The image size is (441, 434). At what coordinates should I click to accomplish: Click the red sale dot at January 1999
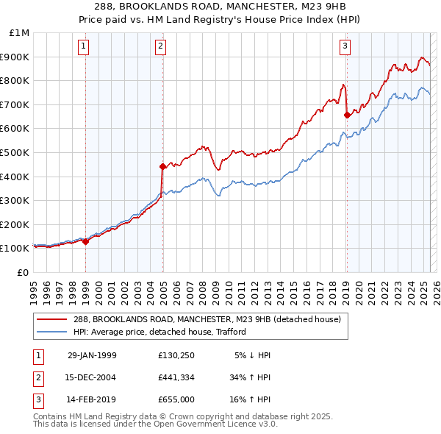click(85, 241)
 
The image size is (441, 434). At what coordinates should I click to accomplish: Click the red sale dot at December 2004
click(162, 166)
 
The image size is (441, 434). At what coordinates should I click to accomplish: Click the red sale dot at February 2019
click(346, 115)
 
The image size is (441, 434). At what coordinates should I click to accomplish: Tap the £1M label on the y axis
click(20, 32)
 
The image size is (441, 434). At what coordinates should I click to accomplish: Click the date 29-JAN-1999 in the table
click(91, 355)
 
